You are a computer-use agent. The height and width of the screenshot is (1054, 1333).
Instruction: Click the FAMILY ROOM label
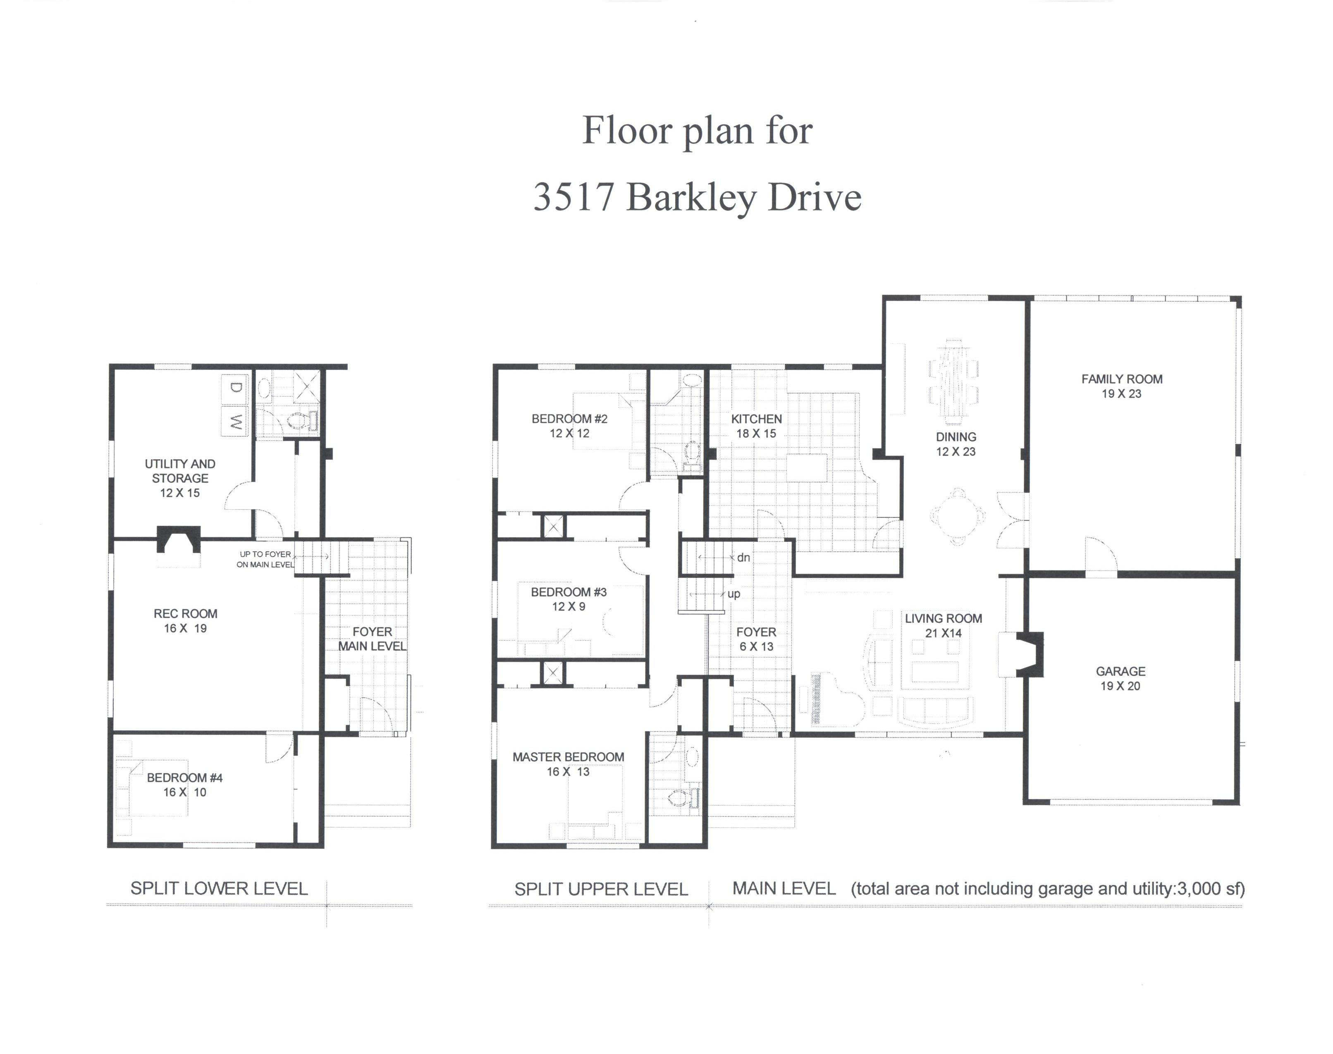point(1121,379)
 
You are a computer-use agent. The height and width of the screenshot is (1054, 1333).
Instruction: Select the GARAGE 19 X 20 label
point(1120,678)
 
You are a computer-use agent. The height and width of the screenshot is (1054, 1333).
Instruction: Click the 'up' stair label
point(734,594)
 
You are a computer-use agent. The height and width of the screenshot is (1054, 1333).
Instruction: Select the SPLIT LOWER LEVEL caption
point(219,889)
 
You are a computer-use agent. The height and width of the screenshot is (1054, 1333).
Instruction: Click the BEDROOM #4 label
point(184,777)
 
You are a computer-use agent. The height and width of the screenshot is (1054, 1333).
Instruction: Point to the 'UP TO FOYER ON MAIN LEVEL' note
point(265,559)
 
